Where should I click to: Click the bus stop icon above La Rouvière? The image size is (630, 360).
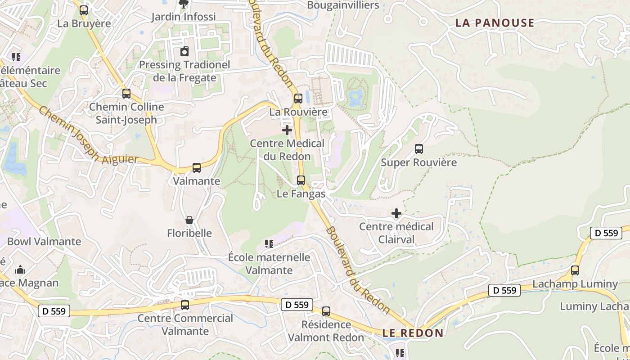(298, 99)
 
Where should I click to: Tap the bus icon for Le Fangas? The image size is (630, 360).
(301, 180)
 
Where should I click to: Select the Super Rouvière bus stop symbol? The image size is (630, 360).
(419, 148)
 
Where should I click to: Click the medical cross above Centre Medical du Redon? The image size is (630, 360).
(287, 130)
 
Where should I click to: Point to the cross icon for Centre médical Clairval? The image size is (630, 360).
(396, 213)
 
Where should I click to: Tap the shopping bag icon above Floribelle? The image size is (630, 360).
(189, 220)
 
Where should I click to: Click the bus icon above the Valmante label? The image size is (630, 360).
(197, 168)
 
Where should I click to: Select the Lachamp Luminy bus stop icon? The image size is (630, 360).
(575, 270)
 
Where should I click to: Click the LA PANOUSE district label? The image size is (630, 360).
(495, 23)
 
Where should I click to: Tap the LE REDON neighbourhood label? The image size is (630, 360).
(413, 333)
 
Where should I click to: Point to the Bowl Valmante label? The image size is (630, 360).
(44, 242)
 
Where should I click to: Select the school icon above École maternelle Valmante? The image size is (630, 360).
(269, 244)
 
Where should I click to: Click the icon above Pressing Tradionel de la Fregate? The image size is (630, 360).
(184, 51)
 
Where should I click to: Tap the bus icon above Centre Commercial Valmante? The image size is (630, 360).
(185, 305)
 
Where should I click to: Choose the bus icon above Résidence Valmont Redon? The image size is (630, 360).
(326, 311)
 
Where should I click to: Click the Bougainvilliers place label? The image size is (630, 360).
(343, 5)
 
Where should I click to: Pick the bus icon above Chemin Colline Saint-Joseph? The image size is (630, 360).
(126, 94)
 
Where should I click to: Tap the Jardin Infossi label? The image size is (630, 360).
(184, 17)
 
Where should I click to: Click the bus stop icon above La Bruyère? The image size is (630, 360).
(84, 10)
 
